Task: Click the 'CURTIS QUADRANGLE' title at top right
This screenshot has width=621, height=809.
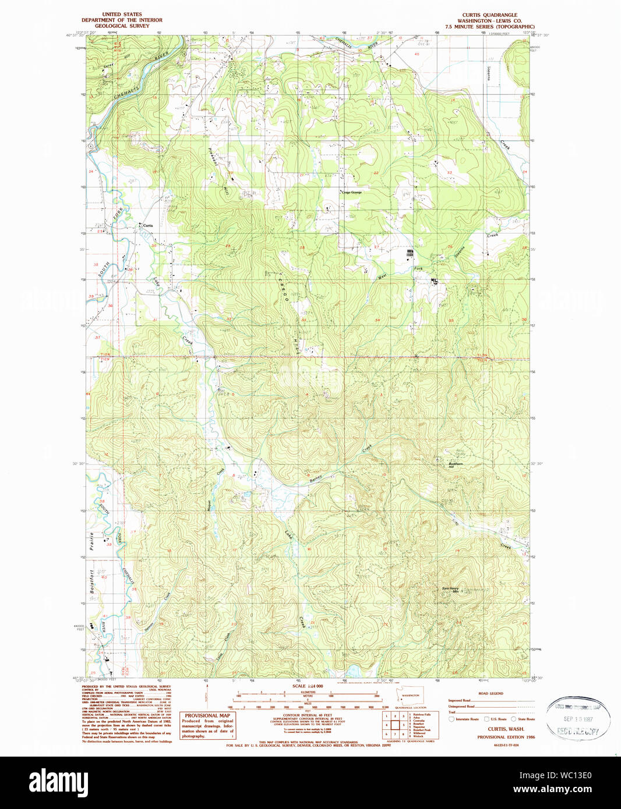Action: click(x=489, y=15)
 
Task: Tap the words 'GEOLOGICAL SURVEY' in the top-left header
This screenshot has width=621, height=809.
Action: click(x=122, y=26)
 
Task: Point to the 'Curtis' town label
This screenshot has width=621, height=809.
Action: click(x=148, y=225)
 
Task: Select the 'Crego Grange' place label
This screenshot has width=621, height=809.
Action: click(x=351, y=192)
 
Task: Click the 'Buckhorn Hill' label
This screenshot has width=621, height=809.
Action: click(x=455, y=465)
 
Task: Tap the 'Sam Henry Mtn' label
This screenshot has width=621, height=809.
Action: click(x=451, y=590)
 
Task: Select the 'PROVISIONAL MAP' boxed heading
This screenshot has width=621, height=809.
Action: click(x=207, y=715)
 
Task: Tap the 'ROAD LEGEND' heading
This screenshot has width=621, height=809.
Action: click(x=491, y=694)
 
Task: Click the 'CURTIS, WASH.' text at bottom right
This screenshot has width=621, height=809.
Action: click(x=506, y=729)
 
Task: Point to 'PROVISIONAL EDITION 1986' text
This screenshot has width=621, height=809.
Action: click(x=506, y=737)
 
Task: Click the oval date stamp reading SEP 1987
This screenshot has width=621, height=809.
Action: click(x=578, y=718)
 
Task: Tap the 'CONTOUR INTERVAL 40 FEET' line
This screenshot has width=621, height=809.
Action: click(x=307, y=715)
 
